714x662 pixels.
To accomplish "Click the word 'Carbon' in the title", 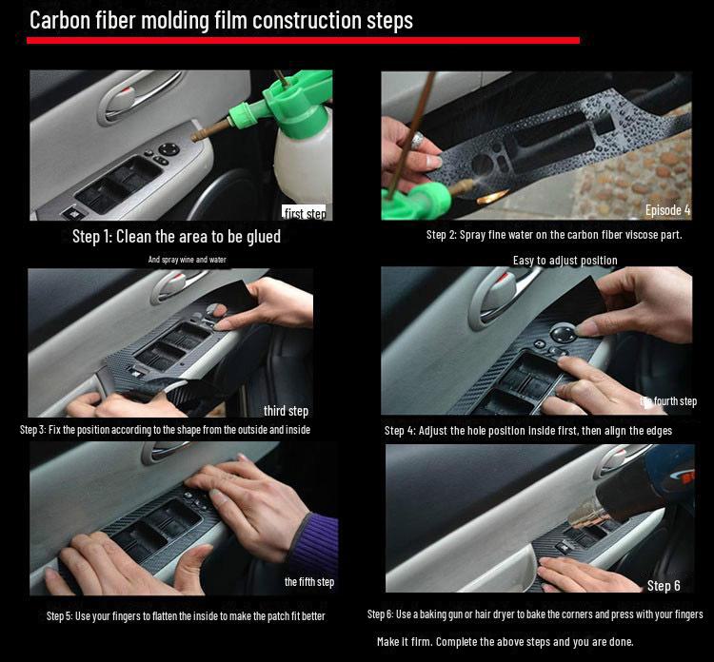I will coord(64,19).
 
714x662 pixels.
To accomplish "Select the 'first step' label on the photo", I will coord(305,213).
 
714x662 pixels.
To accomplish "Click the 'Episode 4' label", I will coord(667,210).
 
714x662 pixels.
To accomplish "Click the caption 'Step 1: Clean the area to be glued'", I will coord(176,236).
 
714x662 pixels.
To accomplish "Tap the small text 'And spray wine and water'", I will coord(187,260).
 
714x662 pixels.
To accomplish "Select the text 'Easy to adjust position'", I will coord(565,260).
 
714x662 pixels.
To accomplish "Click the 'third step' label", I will coord(286,411).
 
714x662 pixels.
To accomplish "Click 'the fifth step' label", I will coord(308,581).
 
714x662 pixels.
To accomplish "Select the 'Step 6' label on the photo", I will coord(664,585).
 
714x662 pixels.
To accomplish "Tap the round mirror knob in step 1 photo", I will coord(168,148).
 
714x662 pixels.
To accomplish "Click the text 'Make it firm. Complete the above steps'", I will coord(505,641).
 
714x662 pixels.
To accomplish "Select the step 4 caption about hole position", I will coord(528,431).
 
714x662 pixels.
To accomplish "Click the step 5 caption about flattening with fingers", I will coord(186,615).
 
